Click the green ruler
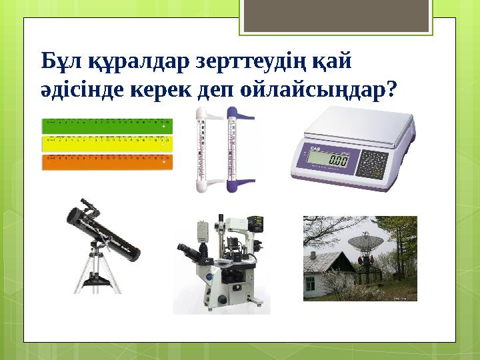(x=107, y=125)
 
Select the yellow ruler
(x=107, y=143)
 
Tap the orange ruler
(x=107, y=161)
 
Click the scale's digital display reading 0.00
(x=329, y=161)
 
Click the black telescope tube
(x=107, y=231)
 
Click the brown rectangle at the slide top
(x=337, y=15)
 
